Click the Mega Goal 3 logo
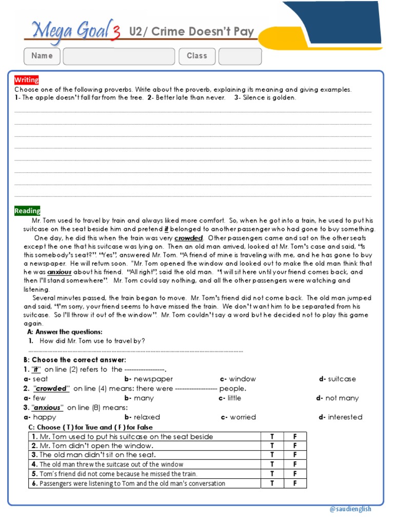72,31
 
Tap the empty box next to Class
240,56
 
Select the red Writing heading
26,80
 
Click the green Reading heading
27,211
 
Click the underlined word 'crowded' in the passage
188,238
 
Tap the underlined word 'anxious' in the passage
60,272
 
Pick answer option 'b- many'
139,398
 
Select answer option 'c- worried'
239,417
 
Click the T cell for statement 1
272,437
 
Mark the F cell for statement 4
295,465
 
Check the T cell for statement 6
272,483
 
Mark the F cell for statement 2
295,446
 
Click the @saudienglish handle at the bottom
350,509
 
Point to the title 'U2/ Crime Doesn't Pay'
191,32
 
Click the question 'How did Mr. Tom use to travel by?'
92,341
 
